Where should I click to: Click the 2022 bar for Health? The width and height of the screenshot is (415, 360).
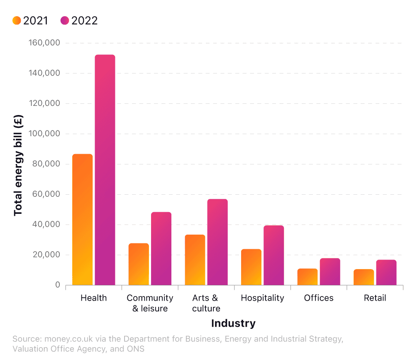tap(105, 170)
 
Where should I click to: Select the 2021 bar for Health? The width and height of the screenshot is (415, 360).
tap(83, 220)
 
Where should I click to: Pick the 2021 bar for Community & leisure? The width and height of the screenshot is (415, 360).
tap(139, 264)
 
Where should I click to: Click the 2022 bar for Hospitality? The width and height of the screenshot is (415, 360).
tap(274, 255)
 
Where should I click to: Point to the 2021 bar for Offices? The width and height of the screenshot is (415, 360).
tap(308, 277)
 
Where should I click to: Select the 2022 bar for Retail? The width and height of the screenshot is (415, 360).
tap(386, 272)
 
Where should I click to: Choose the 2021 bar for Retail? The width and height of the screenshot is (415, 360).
tap(364, 277)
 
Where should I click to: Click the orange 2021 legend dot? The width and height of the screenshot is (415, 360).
tap(17, 20)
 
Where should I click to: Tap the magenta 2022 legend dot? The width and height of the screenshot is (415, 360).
tap(65, 20)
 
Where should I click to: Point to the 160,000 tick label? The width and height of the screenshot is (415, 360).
tap(44, 43)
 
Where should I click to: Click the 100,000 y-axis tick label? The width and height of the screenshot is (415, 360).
tap(44, 134)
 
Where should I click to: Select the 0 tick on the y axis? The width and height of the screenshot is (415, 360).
tap(57, 285)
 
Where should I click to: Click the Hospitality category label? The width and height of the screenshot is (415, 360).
tap(262, 298)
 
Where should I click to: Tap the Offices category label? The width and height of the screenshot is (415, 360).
tap(319, 298)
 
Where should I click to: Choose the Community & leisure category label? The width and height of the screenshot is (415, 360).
tap(150, 303)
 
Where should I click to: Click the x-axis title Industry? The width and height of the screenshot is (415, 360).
tap(233, 323)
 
